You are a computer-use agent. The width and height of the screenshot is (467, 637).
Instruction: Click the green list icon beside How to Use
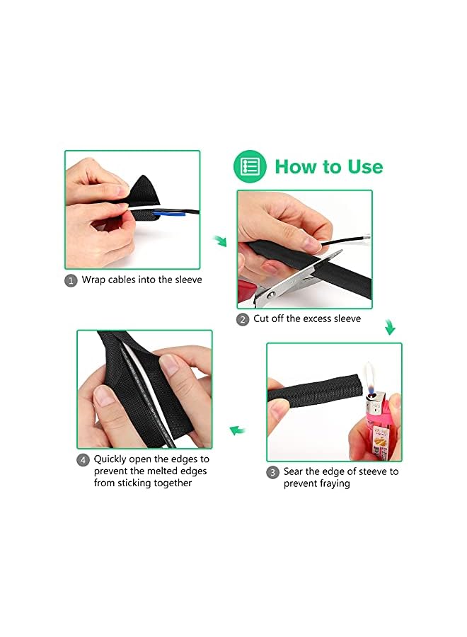250,166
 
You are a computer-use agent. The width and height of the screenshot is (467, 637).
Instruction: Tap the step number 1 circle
71,281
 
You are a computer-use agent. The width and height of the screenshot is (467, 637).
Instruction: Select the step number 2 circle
243,320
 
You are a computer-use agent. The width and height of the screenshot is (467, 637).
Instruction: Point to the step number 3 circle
272,473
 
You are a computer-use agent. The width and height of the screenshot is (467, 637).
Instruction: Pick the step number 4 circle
83,460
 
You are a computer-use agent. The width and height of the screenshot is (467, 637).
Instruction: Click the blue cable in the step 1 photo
169,213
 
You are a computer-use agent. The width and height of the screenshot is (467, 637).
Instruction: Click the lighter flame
370,377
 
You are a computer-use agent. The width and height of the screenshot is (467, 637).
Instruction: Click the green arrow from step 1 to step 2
220,241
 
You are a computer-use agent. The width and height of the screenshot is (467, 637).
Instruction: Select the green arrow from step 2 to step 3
390,327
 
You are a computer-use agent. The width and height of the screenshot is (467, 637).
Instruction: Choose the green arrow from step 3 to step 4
237,430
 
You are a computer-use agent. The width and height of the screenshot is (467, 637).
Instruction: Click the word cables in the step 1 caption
122,280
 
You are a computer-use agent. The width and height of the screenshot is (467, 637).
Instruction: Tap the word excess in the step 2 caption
317,319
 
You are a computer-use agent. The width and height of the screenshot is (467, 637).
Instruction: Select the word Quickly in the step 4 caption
110,459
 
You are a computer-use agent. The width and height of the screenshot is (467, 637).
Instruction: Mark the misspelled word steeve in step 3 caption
373,471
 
